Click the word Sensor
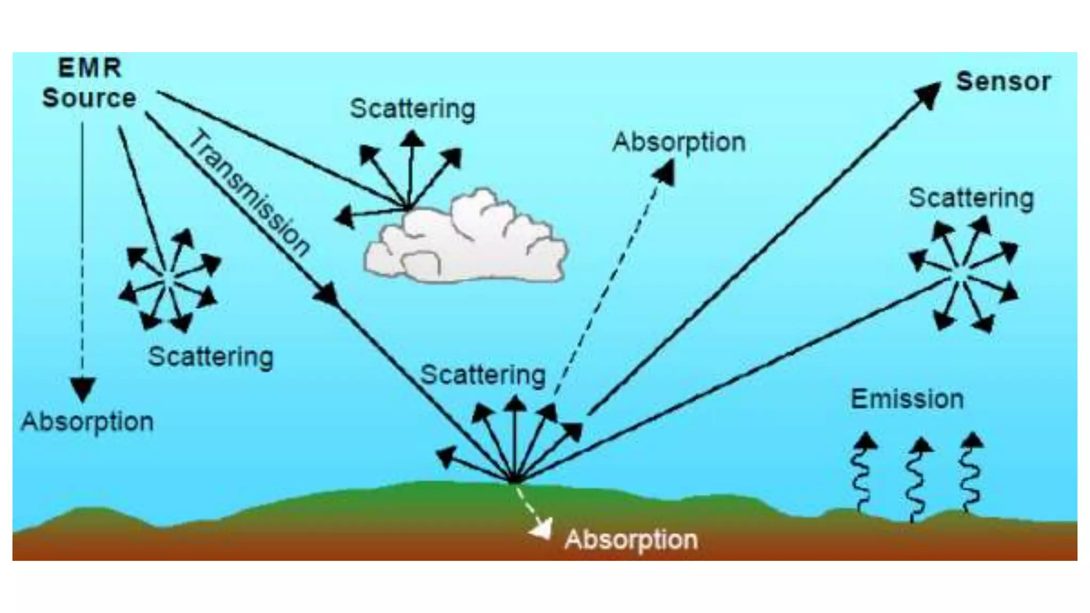pyautogui.click(x=1003, y=82)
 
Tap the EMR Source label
pyautogui.click(x=89, y=84)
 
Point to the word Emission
pyautogui.click(x=907, y=399)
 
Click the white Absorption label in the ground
pyautogui.click(x=631, y=540)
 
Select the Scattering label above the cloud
pyautogui.click(x=412, y=109)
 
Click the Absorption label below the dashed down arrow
pyautogui.click(x=87, y=422)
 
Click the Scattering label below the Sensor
pyautogui.click(x=971, y=198)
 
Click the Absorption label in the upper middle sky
pyautogui.click(x=679, y=143)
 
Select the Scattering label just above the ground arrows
pyautogui.click(x=483, y=375)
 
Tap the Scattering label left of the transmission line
pyautogui.click(x=211, y=357)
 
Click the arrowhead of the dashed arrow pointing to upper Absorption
pyautogui.click(x=665, y=172)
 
